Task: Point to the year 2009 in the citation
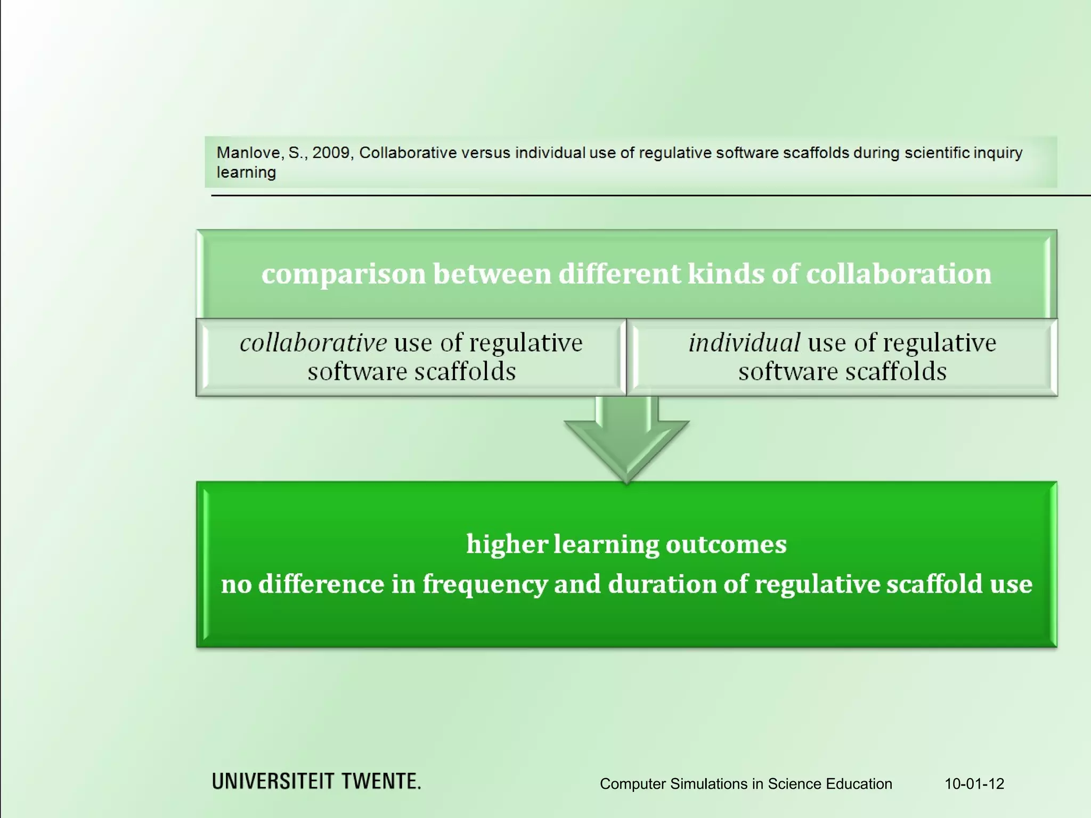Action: click(330, 153)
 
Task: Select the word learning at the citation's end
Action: click(246, 173)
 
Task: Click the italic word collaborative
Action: click(313, 342)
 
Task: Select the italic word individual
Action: click(744, 342)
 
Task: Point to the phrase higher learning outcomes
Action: click(626, 544)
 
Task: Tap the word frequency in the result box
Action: click(485, 584)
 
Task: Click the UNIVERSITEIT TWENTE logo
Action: click(316, 781)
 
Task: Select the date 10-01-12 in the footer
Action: click(974, 784)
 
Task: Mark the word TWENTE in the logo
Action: click(381, 781)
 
